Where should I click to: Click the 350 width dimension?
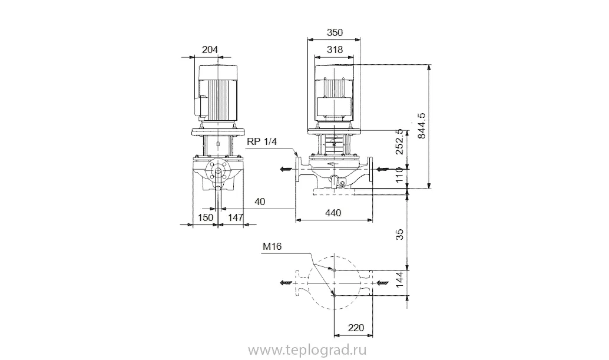click(335, 32)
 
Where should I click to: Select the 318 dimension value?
click(335, 49)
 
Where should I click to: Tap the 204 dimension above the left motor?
click(210, 49)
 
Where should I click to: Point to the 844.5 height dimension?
click(422, 125)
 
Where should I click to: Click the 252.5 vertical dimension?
click(400, 142)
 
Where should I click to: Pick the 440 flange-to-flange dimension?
click(333, 213)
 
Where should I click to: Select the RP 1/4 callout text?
click(262, 142)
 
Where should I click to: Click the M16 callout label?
click(272, 246)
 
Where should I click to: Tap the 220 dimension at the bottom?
click(356, 328)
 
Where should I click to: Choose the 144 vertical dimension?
click(400, 280)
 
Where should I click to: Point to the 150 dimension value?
click(206, 217)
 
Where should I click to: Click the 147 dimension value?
click(236, 217)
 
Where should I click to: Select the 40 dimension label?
click(260, 202)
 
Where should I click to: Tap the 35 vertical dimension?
click(400, 235)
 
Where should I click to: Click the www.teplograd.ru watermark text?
click(307, 351)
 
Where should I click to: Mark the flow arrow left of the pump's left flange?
click(286, 169)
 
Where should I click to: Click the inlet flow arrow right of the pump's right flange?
click(382, 169)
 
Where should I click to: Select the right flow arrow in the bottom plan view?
click(382, 283)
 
